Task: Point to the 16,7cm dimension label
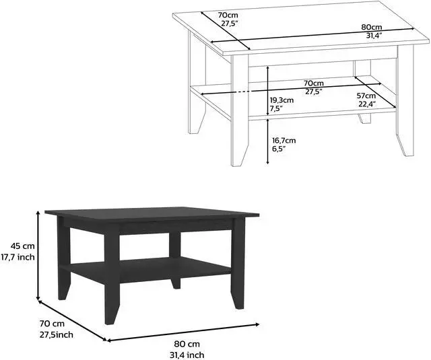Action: (x=284, y=141)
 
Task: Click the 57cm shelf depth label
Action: (x=366, y=96)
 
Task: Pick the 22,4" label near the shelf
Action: (x=367, y=104)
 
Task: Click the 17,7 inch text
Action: (x=19, y=256)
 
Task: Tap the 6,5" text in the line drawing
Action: (x=279, y=149)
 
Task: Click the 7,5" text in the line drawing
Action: (x=277, y=108)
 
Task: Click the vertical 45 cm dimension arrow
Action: (x=38, y=255)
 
